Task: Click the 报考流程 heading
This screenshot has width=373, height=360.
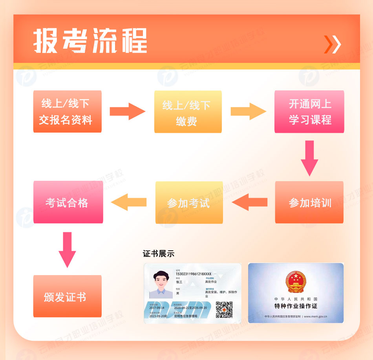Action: (x=90, y=40)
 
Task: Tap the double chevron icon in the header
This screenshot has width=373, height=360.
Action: (x=332, y=44)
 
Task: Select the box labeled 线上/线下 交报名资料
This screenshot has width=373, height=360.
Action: (x=67, y=111)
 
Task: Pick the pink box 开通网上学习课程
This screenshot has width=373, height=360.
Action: (x=309, y=111)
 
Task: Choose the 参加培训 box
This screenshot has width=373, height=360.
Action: (x=309, y=202)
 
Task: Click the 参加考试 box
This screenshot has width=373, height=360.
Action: (x=189, y=202)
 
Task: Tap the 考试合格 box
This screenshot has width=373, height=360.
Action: (x=68, y=202)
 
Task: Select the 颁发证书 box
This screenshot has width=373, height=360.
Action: (x=67, y=296)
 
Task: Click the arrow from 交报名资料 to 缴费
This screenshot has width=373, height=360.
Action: (x=127, y=111)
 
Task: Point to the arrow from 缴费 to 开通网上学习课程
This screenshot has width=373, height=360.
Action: (x=248, y=111)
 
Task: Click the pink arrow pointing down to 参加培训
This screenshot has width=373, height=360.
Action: (x=309, y=157)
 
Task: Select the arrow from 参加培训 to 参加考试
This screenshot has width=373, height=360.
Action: (x=250, y=202)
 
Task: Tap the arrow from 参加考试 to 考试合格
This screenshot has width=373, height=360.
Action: (x=129, y=202)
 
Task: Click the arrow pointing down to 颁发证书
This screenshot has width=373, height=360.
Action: (x=67, y=249)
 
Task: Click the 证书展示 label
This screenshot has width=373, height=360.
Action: (x=159, y=253)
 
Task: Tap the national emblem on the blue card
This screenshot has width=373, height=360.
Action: (x=296, y=281)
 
